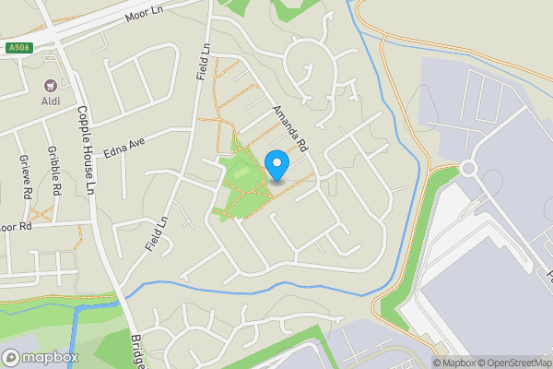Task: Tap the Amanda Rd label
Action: [x=289, y=128]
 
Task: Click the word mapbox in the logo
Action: [x=51, y=357]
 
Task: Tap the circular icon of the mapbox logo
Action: [x=11, y=357]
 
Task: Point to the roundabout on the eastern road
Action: [x=467, y=169]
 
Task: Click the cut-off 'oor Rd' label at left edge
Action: [x=16, y=225]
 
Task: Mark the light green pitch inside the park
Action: [x=241, y=173]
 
